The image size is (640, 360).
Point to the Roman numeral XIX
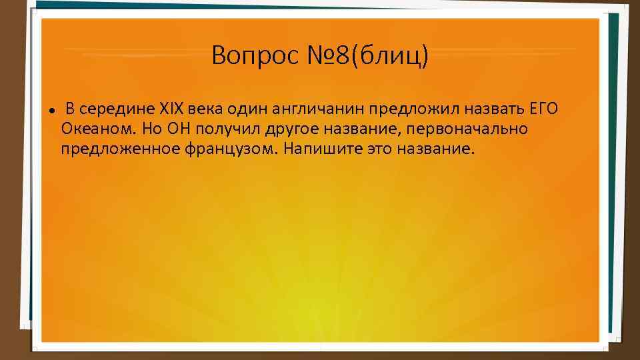[171, 108]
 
